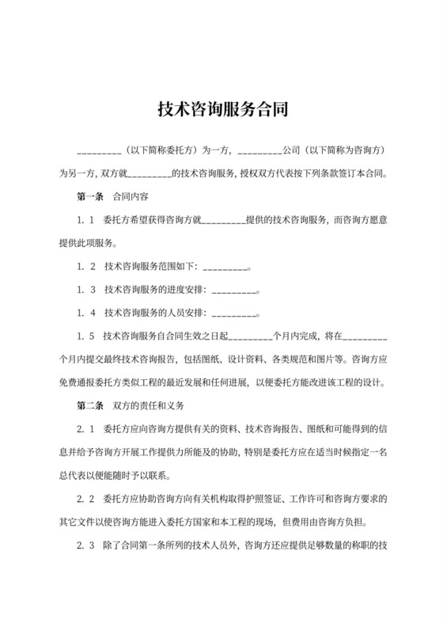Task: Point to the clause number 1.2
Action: click(x=86, y=268)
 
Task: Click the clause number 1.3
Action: click(x=86, y=291)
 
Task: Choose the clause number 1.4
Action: click(x=86, y=313)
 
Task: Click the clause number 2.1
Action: click(x=86, y=429)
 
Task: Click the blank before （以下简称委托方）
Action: click(x=98, y=149)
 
